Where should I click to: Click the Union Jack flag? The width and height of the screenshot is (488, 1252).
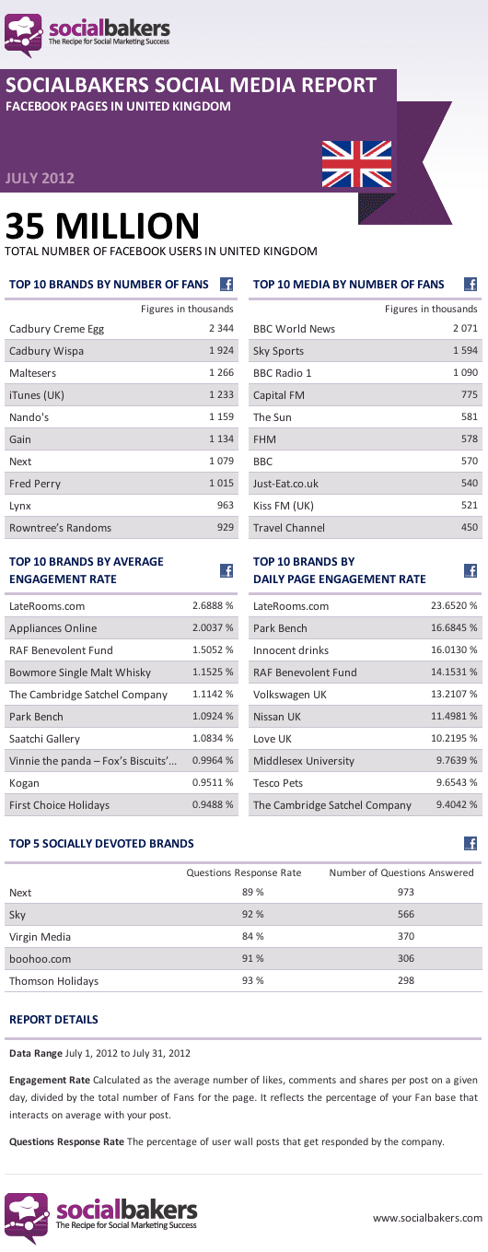(356, 164)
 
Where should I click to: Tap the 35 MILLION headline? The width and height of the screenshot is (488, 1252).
(102, 226)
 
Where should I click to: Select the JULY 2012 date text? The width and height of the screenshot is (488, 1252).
(40, 179)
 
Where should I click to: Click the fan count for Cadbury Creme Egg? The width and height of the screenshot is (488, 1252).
(221, 328)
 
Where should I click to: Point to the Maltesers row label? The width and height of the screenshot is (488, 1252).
(32, 373)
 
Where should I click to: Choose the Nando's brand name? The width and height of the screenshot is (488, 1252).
(29, 417)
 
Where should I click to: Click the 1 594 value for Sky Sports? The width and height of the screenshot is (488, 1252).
(465, 350)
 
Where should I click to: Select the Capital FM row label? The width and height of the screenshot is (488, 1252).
(279, 395)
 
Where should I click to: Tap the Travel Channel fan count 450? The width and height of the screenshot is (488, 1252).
(469, 527)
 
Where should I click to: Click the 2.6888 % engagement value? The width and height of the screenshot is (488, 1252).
(213, 605)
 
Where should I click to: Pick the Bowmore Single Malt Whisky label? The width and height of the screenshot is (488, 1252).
(80, 673)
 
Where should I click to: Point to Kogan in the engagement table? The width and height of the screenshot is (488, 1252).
(24, 783)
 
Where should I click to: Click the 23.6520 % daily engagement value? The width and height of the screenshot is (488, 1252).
(454, 605)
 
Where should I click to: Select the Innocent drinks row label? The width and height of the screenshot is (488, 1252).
(291, 650)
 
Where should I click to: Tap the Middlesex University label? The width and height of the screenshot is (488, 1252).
(304, 761)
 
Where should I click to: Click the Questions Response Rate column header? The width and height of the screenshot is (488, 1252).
(243, 872)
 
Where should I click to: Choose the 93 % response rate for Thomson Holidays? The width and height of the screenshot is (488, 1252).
(252, 980)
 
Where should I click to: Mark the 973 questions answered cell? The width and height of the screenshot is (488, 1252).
(406, 892)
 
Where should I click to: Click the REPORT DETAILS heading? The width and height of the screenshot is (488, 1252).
(53, 1020)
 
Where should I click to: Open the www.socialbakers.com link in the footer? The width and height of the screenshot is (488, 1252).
(428, 1218)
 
